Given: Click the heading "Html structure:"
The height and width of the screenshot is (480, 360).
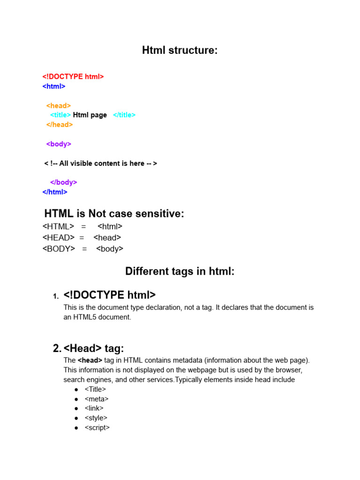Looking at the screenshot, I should click(x=180, y=51).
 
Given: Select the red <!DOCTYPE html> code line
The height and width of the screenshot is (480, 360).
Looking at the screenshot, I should click(x=73, y=76).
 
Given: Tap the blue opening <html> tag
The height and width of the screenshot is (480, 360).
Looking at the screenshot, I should click(x=54, y=86).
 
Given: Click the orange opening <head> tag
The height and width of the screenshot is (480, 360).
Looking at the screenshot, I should click(x=59, y=106).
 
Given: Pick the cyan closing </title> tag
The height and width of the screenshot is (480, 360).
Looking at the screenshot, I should click(x=124, y=115).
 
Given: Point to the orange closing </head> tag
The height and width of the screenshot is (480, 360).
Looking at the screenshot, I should click(x=60, y=125).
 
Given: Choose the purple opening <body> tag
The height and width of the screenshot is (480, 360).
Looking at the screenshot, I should click(x=59, y=144).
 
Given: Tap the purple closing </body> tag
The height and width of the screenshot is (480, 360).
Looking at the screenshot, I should click(x=63, y=182).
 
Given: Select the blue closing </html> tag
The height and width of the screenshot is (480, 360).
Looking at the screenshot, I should click(x=55, y=192).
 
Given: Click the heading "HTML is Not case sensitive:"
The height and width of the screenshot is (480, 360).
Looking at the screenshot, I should click(x=114, y=214).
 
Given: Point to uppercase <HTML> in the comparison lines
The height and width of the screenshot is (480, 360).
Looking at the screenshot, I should click(x=58, y=226).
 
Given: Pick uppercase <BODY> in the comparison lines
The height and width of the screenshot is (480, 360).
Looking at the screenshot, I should click(x=59, y=249).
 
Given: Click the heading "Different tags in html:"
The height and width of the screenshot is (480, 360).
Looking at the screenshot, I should click(x=180, y=271).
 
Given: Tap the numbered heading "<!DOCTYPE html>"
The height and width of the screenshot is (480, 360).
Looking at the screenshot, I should click(x=110, y=295).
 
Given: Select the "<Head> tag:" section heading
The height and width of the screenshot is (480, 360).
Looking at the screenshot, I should click(x=94, y=348).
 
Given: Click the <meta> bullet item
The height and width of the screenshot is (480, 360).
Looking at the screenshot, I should click(x=97, y=399).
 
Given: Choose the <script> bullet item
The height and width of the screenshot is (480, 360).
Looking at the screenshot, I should click(x=97, y=427).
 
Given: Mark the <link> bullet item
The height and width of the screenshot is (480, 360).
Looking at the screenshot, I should click(x=94, y=408).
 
